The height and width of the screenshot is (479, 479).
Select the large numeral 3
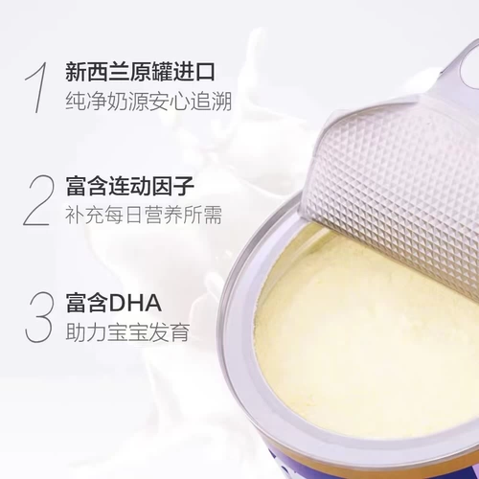pyautogui.click(x=37, y=315)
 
